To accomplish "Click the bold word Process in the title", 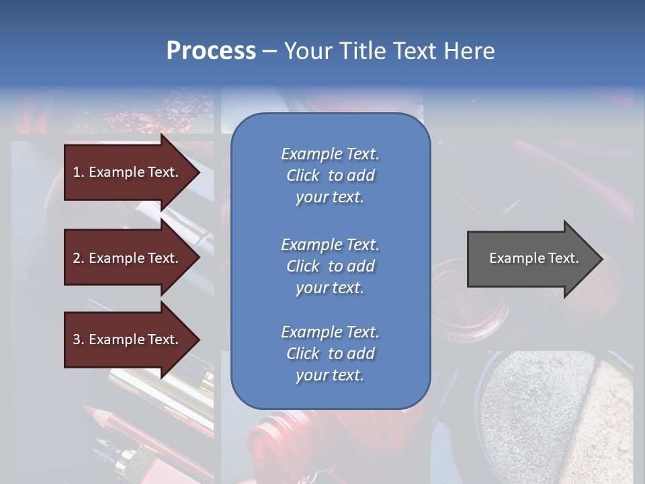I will click(x=211, y=51).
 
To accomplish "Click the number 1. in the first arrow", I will click(x=79, y=172).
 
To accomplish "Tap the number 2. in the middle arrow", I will click(x=79, y=258).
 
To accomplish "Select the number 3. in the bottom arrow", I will click(x=79, y=339).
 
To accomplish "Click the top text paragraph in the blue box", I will click(x=330, y=175).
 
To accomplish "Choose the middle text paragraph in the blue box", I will click(x=330, y=266).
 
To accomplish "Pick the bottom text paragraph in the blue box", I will click(x=330, y=354).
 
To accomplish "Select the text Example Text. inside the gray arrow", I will click(x=534, y=258).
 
